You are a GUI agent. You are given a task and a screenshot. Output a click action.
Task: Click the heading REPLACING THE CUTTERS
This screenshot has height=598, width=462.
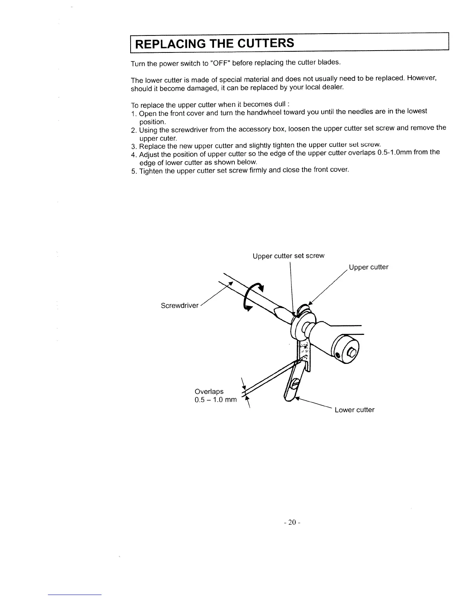pyautogui.click(x=214, y=43)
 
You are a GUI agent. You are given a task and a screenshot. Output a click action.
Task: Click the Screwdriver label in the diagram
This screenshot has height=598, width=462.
pyautogui.click(x=179, y=305)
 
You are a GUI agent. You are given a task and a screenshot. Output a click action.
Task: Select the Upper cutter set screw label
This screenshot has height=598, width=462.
pyautogui.click(x=288, y=256)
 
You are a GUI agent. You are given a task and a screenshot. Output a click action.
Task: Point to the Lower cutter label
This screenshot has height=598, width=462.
pyautogui.click(x=354, y=410)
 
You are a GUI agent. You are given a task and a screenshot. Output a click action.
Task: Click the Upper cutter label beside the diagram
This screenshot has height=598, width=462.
pyautogui.click(x=368, y=267)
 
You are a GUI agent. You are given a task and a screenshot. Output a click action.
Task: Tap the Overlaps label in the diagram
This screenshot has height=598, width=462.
pyautogui.click(x=209, y=391)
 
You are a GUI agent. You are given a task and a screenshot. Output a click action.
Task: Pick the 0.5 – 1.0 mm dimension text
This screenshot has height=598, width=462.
pyautogui.click(x=216, y=400)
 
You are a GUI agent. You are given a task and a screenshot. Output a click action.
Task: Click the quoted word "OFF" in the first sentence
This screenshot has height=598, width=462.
pyautogui.click(x=219, y=63)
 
